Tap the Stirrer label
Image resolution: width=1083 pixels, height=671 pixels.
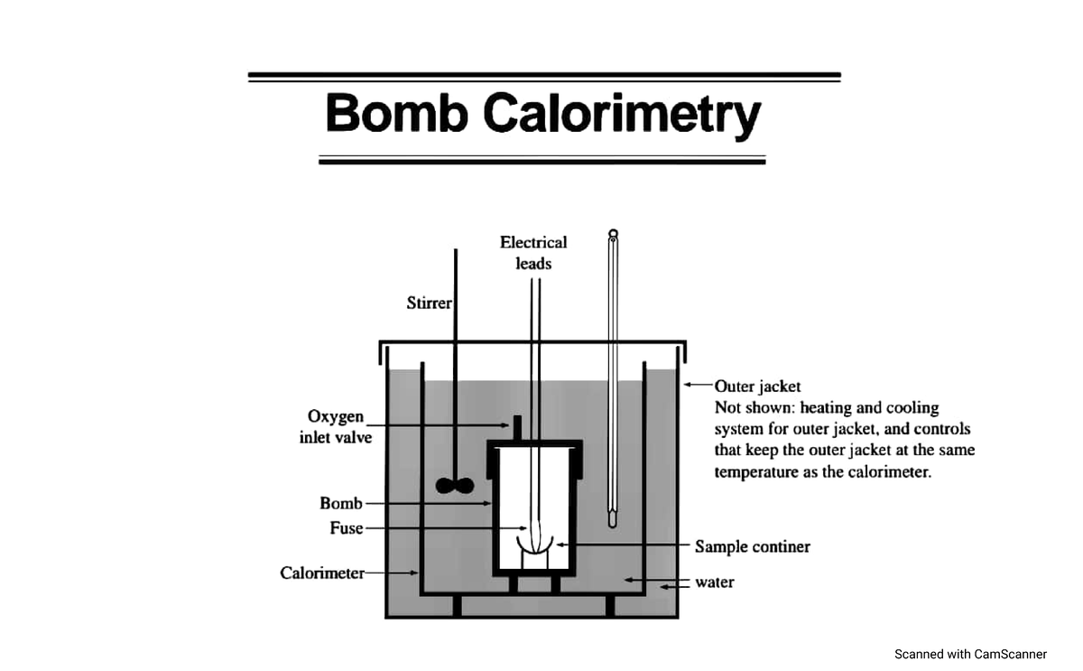429,303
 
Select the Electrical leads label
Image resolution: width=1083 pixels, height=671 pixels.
533,253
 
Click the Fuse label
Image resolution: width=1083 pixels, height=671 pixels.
346,528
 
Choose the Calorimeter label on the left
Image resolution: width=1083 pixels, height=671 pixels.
321,573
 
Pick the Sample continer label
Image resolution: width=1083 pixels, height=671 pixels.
752,546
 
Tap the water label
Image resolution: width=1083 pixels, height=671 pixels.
714,582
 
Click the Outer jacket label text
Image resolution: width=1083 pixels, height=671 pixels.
757,387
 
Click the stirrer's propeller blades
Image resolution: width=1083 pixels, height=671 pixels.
454,486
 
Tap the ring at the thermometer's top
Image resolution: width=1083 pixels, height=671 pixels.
614,234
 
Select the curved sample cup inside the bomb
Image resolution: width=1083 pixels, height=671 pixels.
533,545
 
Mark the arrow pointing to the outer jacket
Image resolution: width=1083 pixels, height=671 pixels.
697,385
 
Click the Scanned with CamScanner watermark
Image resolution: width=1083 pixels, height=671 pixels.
970,654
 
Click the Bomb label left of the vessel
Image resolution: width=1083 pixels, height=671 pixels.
340,503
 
